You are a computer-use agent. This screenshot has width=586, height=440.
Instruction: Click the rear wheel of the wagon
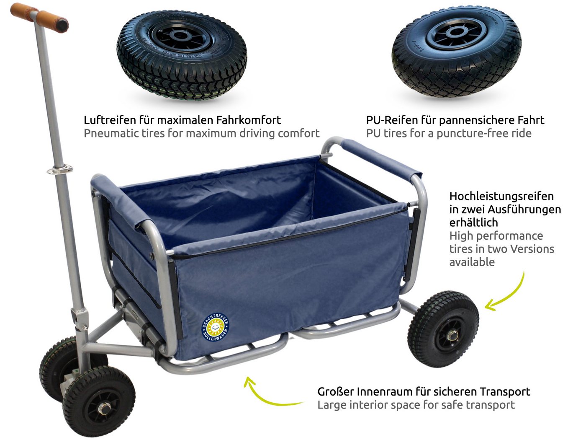(443, 329)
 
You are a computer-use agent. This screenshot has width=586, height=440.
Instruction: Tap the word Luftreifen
(110, 120)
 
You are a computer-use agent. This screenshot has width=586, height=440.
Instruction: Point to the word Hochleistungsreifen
(501, 197)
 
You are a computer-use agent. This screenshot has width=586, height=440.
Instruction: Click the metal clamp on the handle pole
(60, 170)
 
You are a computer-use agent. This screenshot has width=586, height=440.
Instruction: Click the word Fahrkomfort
(248, 120)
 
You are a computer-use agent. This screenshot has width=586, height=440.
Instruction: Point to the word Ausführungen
(524, 210)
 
